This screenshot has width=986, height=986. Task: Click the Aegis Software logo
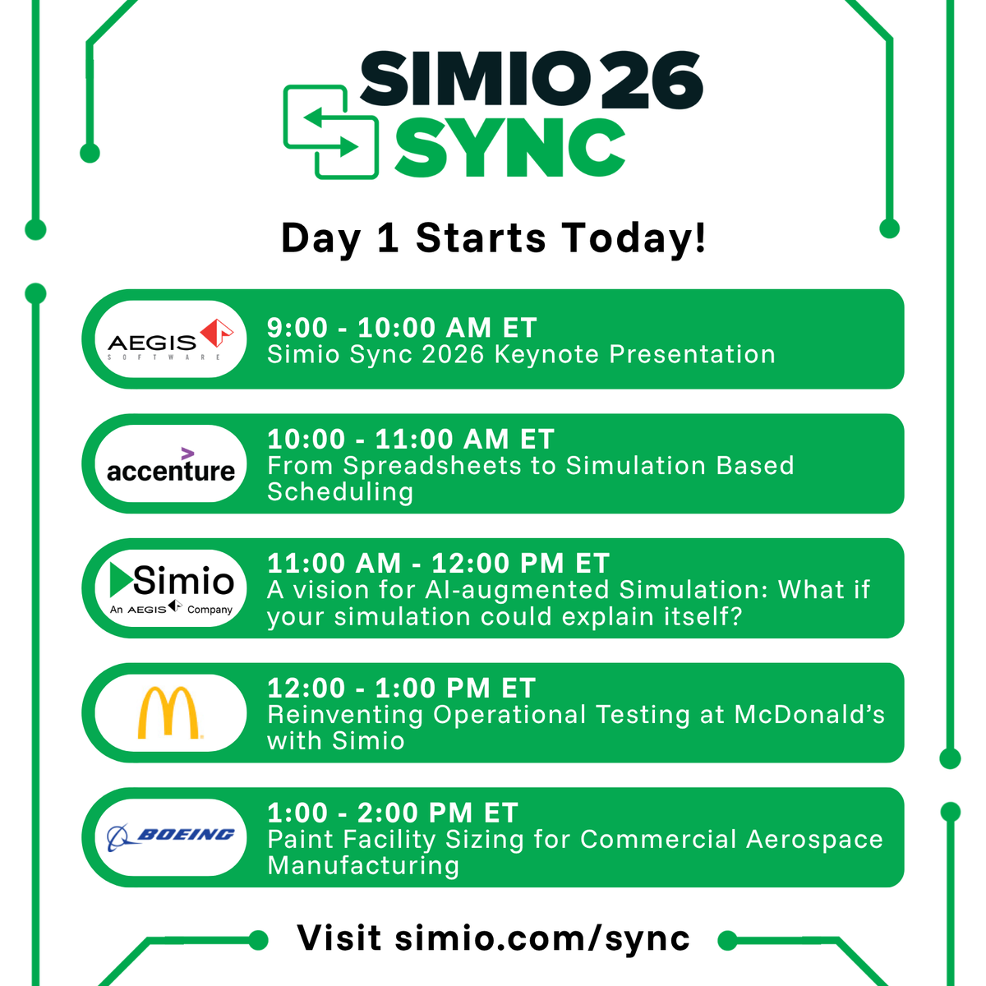pyautogui.click(x=171, y=339)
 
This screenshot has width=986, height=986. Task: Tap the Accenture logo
pyautogui.click(x=171, y=465)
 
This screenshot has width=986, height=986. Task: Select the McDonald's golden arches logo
pyautogui.click(x=168, y=712)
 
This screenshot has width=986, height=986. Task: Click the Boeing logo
pyautogui.click(x=171, y=836)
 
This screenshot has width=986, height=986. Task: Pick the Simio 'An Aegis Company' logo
pyautogui.click(x=171, y=588)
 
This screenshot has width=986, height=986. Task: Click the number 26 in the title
pyautogui.click(x=652, y=81)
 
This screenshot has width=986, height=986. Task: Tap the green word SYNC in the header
pyautogui.click(x=509, y=148)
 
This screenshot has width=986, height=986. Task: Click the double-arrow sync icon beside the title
pyautogui.click(x=330, y=131)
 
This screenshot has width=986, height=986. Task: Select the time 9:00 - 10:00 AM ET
pyautogui.click(x=402, y=328)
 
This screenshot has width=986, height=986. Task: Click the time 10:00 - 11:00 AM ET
pyautogui.click(x=411, y=440)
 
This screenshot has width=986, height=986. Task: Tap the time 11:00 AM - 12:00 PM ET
pyautogui.click(x=438, y=564)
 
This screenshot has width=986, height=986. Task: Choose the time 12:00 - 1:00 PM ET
pyautogui.click(x=402, y=689)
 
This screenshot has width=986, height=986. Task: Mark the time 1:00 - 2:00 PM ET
pyautogui.click(x=393, y=813)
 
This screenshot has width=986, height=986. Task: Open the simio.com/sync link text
pyautogui.click(x=542, y=938)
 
